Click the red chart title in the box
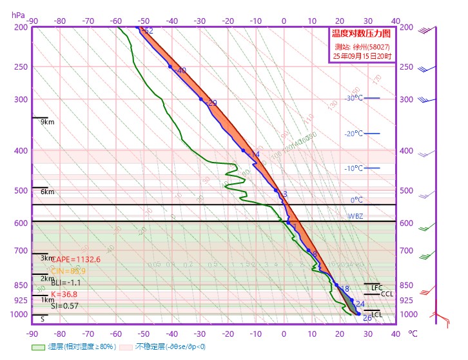coord(362,34)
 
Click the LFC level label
coord(377,288)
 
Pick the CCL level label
coord(387,294)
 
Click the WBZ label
coord(356,216)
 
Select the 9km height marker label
coord(46,122)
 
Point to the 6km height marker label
coord(46,192)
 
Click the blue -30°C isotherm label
coord(355,98)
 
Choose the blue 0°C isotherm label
coord(356,200)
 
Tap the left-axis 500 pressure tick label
coord(21,191)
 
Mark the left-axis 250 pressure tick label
coord(21,67)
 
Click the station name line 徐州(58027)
coord(362,46)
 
